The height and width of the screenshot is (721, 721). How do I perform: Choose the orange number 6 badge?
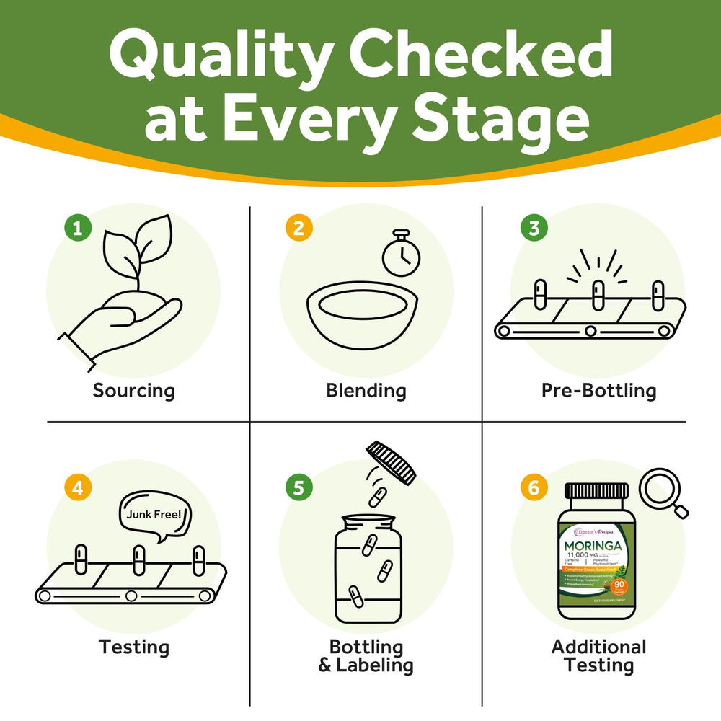534,487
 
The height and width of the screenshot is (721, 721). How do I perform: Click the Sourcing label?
133,391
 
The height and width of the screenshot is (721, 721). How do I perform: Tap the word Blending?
366,391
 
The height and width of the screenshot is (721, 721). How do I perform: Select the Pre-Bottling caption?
598,391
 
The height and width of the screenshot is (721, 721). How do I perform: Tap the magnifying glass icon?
665,491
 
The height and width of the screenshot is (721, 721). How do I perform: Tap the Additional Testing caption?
598,655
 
